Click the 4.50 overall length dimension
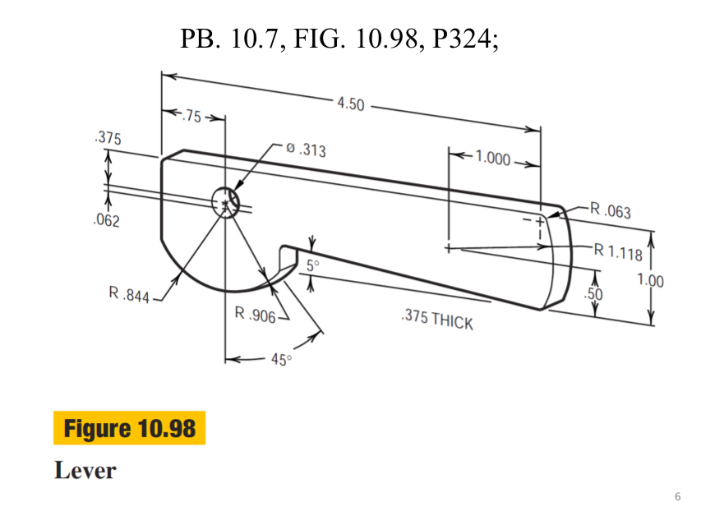pyautogui.click(x=350, y=104)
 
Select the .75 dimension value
pyautogui.click(x=190, y=116)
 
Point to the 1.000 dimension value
pyautogui.click(x=492, y=159)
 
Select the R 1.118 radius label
pyautogui.click(x=618, y=251)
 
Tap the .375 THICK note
pyautogui.click(x=436, y=320)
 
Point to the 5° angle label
pyautogui.click(x=312, y=265)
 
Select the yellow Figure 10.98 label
pyautogui.click(x=129, y=428)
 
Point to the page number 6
pyautogui.click(x=677, y=496)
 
